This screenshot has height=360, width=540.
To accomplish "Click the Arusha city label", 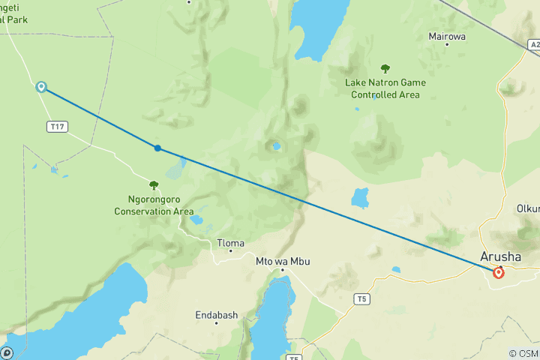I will point(501,256).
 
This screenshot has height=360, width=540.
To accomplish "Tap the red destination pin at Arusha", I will point(499,273).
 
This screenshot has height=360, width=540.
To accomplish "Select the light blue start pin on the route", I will point(41,87).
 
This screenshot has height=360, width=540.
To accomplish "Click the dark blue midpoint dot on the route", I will point(157,148).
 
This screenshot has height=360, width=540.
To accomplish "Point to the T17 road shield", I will point(56,127).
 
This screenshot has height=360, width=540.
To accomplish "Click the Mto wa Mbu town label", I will point(282,261).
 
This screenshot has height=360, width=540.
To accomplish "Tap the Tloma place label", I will point(230,243).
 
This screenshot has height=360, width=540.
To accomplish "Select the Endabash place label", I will point(216,315).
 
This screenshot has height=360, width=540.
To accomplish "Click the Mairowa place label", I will point(446,36).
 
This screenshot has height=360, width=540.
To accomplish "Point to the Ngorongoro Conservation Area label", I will point(154,206).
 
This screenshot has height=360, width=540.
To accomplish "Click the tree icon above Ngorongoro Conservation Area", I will point(154,185).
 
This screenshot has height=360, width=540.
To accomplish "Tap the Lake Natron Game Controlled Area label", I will point(385,88).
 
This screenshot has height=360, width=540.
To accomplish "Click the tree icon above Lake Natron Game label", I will point(385,68).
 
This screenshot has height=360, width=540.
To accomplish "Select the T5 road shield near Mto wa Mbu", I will point(362,299).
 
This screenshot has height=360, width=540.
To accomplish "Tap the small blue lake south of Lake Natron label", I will point(361,198).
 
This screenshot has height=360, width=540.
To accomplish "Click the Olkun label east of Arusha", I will point(527,208).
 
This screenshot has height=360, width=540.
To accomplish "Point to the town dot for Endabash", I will point(216,323).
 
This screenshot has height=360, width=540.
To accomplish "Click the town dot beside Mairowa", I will point(447,44).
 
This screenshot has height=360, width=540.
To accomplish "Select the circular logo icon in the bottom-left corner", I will point(7,352).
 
